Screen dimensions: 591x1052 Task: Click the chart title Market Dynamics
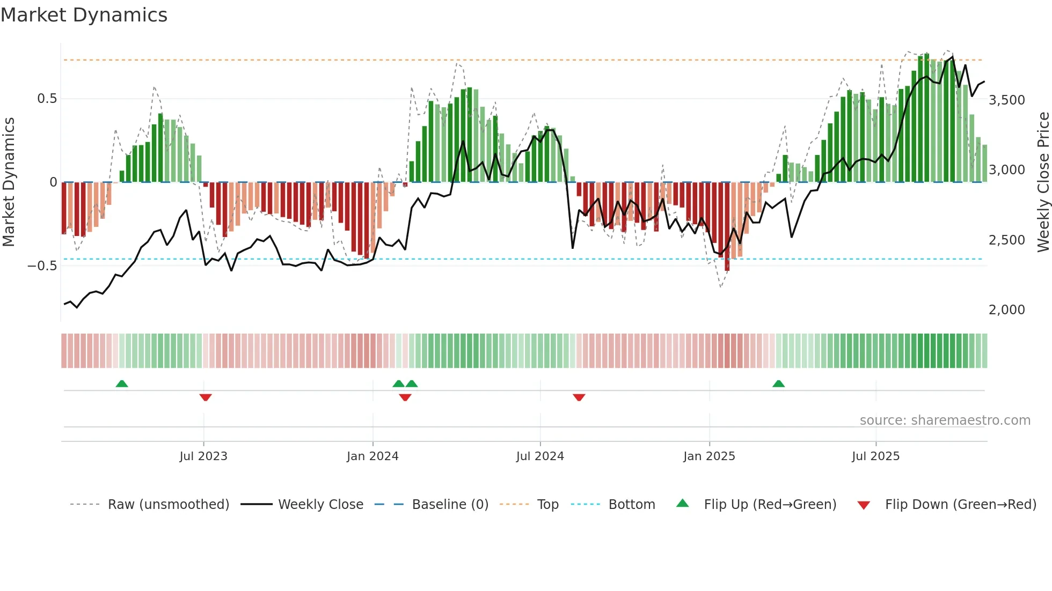[x=84, y=15]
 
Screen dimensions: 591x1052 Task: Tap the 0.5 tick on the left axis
[x=47, y=99]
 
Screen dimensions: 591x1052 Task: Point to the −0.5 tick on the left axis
[x=42, y=266]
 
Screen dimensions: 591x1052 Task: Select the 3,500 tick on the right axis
[x=1006, y=100]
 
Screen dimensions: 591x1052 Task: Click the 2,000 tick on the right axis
[x=1006, y=310]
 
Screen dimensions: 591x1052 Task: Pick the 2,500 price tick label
[x=1006, y=240]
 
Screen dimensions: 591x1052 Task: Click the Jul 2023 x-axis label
[x=203, y=456]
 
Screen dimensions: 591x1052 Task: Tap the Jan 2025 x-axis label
[x=709, y=456]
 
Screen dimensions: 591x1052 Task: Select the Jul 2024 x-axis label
[x=540, y=456]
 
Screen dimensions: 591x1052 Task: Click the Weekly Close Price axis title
[x=1043, y=182]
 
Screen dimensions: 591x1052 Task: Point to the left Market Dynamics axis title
[x=9, y=182]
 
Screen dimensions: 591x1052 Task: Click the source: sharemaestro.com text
[x=945, y=420]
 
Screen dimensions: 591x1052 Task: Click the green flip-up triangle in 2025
[x=778, y=383]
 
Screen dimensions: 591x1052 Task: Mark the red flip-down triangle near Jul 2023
[x=206, y=397]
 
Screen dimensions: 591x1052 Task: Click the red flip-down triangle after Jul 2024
[x=579, y=397]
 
